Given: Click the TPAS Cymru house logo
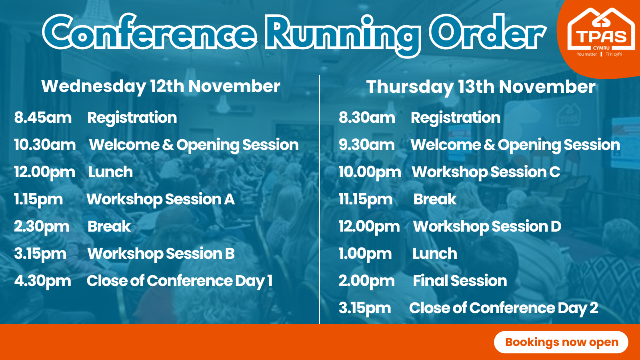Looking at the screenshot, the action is coord(601,32).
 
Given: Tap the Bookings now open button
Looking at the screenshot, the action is coord(561,342).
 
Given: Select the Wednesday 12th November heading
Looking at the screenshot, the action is coord(160,86).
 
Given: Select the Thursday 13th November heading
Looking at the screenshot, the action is coord(481,87).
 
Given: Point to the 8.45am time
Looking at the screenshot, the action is coord(43,118).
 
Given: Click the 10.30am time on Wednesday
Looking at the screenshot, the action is coord(45,144).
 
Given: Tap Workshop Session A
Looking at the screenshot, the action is coord(160,199).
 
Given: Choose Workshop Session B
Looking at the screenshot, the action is coord(161,254).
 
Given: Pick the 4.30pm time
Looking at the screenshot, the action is coord(42,281).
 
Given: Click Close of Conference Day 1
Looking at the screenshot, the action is coord(180,281).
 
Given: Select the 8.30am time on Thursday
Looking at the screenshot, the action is coord(367,118).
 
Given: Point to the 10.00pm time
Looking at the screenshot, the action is coord(370,172).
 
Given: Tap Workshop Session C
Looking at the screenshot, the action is coord(486,172).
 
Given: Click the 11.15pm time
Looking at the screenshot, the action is coord(366,200).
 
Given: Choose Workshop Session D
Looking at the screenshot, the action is coord(487,226).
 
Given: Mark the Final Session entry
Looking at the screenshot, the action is coord(460,280).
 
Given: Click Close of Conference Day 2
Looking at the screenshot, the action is coord(504,308).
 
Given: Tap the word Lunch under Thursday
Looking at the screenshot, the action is coord(434,254).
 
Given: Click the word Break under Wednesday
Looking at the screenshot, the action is coord(109,226).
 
